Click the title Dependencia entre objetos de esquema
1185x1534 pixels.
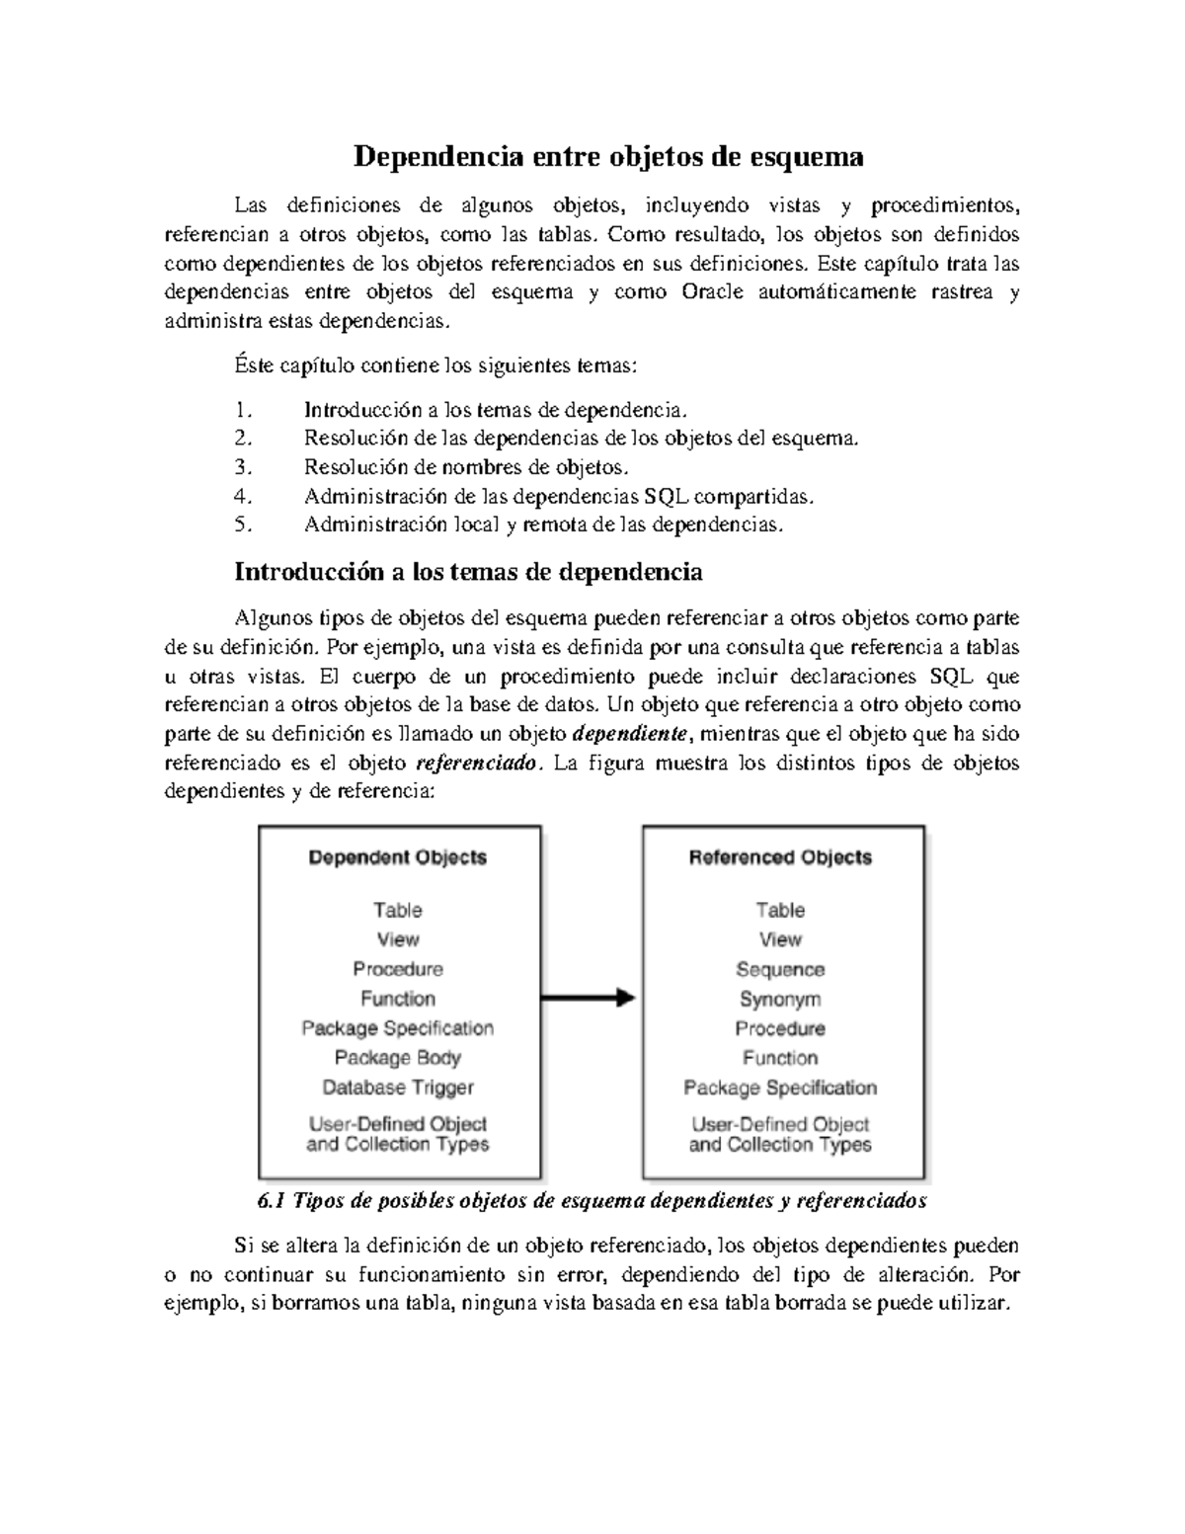(608, 157)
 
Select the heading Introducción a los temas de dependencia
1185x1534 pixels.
(468, 572)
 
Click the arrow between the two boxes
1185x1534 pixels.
(590, 998)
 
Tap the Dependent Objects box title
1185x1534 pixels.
(398, 857)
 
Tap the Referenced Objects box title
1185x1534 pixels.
(780, 857)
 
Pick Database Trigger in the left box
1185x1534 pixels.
(398, 1088)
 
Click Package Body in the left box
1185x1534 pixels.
(398, 1058)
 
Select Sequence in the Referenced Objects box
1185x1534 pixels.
(780, 969)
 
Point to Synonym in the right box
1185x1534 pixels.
(780, 999)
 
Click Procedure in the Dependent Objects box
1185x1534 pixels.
(398, 969)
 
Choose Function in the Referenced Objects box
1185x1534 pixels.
(780, 1058)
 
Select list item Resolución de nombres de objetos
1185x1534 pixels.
(466, 467)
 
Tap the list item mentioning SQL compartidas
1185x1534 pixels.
(559, 496)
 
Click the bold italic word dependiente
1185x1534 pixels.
(633, 734)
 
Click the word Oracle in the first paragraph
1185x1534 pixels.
(713, 292)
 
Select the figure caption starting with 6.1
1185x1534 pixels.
(592, 1201)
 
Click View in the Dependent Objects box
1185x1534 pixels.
(398, 939)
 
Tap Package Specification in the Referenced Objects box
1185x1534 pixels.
(780, 1088)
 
